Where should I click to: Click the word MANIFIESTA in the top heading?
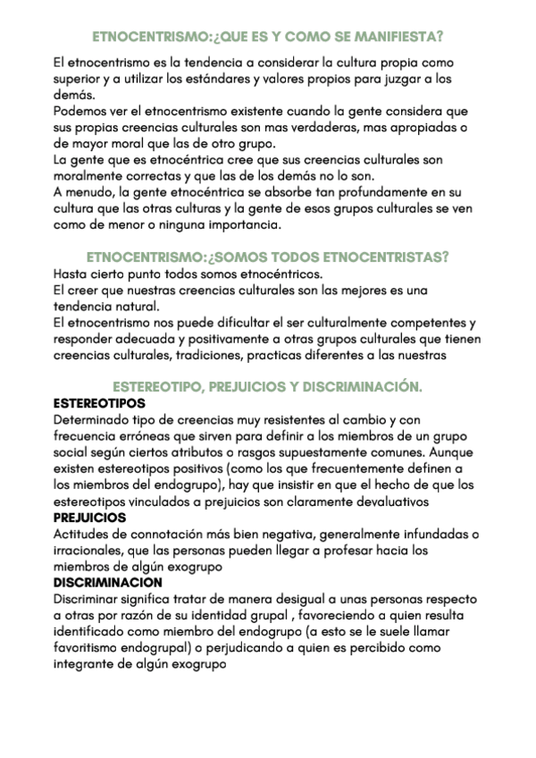click(398, 37)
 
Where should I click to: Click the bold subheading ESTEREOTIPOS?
click(99, 403)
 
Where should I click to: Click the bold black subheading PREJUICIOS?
click(89, 517)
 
